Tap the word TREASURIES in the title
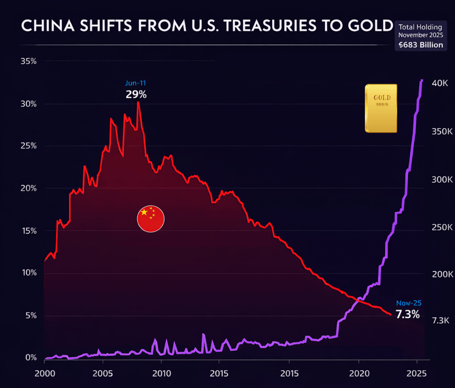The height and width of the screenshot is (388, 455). point(270,26)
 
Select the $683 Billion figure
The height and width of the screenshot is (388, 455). point(420,45)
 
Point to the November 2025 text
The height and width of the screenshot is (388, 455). point(420,35)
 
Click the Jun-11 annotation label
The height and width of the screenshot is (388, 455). point(135,83)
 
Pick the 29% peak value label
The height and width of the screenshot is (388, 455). point(136,94)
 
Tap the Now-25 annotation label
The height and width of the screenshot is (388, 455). point(409,303)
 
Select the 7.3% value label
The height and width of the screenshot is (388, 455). point(408,314)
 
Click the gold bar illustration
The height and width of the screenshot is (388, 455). point(381,108)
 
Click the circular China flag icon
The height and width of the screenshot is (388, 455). point(151,219)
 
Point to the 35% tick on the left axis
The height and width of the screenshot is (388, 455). point(28,61)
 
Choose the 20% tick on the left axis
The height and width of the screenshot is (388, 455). point(28,188)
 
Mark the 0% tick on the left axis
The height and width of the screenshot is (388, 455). point(31,358)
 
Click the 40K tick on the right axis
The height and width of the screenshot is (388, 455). point(440,83)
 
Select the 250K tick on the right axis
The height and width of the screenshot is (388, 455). point(442,227)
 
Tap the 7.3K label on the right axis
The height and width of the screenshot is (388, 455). point(441,320)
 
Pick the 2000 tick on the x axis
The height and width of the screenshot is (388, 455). point(45,373)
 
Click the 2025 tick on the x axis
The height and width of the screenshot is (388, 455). point(416,373)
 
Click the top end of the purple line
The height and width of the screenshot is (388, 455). point(422,80)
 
